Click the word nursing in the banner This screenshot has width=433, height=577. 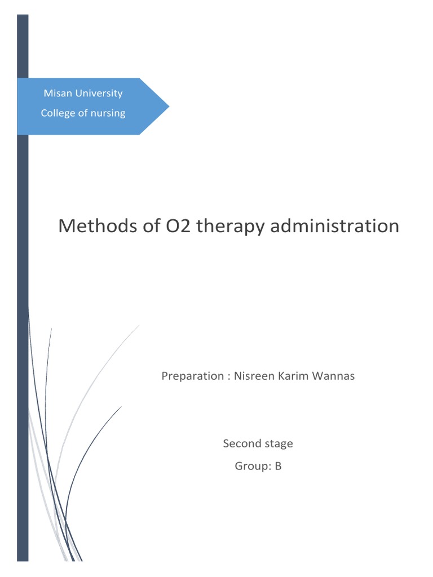[x=108, y=113]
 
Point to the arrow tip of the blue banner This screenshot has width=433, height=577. [x=167, y=106]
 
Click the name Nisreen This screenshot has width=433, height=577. [x=253, y=376]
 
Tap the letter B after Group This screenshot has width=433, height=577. [x=278, y=466]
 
